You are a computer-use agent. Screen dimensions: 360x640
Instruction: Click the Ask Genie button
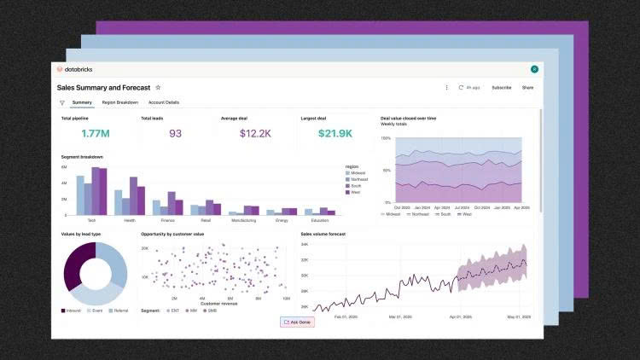tap(298, 322)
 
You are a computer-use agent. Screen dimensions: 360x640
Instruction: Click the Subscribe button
tap(501, 87)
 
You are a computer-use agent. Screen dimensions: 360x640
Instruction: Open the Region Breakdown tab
tap(120, 102)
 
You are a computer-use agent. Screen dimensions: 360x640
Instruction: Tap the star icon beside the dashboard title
tap(158, 87)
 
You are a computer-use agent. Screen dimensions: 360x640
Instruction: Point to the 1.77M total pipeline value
tap(95, 133)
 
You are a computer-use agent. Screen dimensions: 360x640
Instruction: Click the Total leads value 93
tap(175, 133)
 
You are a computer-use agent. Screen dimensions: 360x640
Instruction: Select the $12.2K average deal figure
tap(254, 133)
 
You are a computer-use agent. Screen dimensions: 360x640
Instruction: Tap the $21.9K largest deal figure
tap(335, 133)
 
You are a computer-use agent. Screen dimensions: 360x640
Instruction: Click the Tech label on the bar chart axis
tap(91, 220)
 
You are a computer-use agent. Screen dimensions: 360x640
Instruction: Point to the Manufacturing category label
tap(244, 220)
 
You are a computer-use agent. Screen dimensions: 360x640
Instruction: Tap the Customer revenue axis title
tap(219, 303)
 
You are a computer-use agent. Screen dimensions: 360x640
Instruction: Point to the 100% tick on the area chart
tap(387, 138)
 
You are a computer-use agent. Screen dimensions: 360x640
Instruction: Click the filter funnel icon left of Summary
tap(61, 102)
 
